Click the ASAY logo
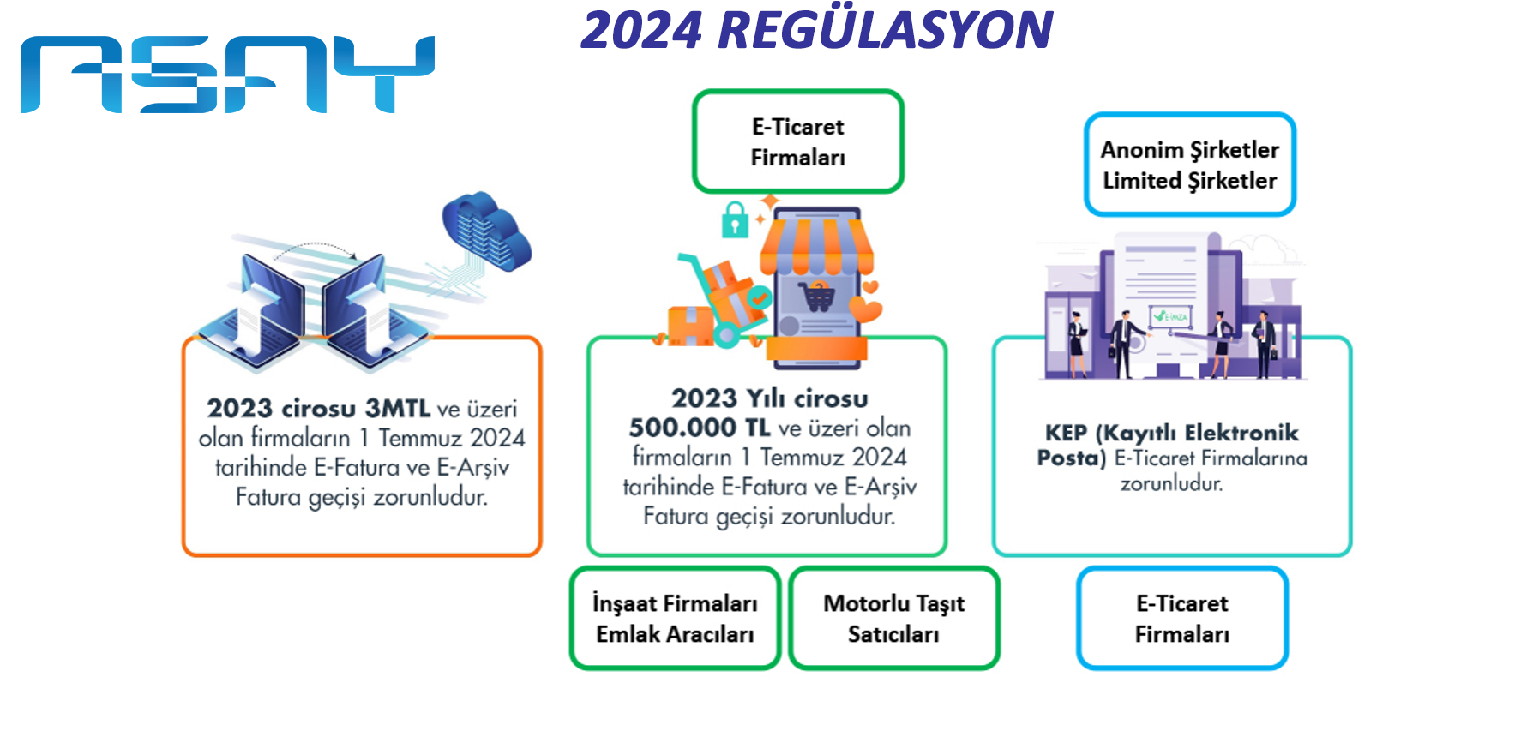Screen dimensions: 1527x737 227,75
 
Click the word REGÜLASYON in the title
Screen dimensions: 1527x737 885,29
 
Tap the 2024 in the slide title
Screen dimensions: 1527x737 641,30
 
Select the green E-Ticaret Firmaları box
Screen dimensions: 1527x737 797,141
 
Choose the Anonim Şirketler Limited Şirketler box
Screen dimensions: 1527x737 1189,165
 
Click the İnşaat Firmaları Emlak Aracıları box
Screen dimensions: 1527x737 675,618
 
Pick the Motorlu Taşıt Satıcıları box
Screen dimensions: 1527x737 893,618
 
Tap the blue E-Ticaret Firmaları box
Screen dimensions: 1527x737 1182,618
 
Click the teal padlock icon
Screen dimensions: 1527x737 735,219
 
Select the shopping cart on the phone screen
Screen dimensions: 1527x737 817,296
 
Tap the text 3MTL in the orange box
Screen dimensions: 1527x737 398,408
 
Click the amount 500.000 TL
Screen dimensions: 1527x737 700,428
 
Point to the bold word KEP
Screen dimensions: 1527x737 1066,433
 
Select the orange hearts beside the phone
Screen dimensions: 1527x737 867,301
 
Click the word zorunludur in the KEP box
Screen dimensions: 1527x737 1171,483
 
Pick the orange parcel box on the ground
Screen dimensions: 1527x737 691,327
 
